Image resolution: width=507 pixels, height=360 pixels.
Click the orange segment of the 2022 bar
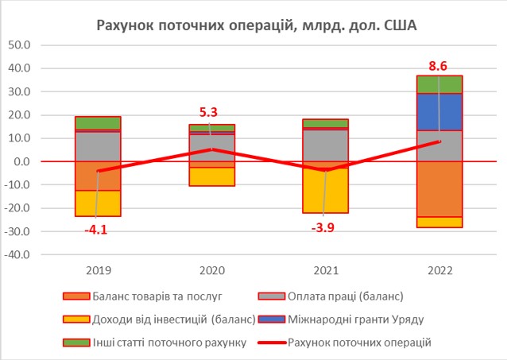[439, 189]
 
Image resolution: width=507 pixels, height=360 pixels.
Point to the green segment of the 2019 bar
[97, 123]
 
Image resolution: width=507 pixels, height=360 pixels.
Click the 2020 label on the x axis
[211, 270]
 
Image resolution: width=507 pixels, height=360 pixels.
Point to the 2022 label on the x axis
[439, 270]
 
